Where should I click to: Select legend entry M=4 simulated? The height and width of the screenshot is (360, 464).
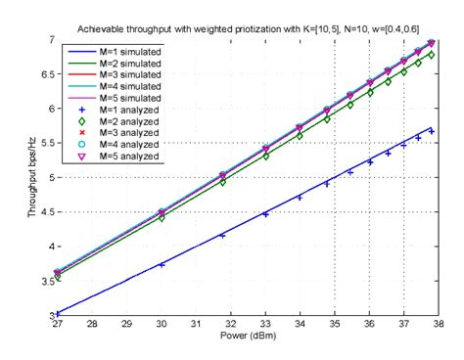(x=123, y=87)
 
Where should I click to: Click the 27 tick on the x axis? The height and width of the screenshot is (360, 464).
(x=58, y=325)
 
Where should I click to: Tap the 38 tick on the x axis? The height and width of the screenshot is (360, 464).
(x=438, y=325)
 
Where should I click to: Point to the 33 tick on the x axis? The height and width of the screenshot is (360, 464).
(x=265, y=325)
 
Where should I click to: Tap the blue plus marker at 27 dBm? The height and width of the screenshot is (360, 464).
(x=58, y=314)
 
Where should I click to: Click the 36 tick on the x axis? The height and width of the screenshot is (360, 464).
(x=369, y=325)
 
